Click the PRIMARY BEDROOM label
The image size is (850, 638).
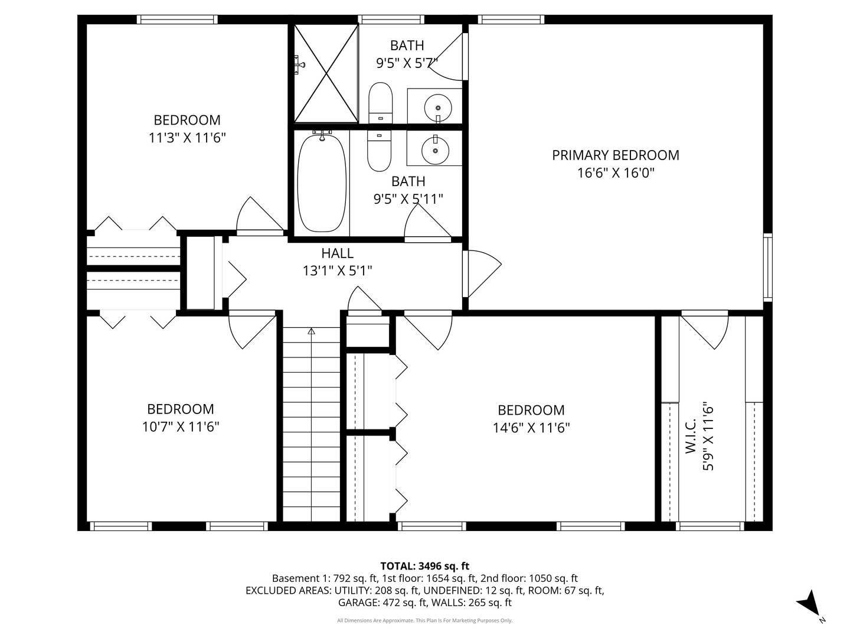pyautogui.click(x=615, y=155)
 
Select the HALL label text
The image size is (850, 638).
pyautogui.click(x=337, y=253)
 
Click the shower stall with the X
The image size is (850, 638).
pyautogui.click(x=326, y=73)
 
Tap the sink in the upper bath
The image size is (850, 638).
pyautogui.click(x=437, y=108)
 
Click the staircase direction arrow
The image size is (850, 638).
pyautogui.click(x=311, y=331)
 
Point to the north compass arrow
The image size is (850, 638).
pyautogui.click(x=808, y=603)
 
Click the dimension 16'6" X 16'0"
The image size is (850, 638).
pyautogui.click(x=616, y=173)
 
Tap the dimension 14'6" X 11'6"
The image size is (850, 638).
pyautogui.click(x=531, y=428)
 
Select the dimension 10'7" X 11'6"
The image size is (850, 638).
pyautogui.click(x=181, y=427)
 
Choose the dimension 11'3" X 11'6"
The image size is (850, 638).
pyautogui.click(x=187, y=138)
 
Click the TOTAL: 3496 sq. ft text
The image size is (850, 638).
pyautogui.click(x=424, y=566)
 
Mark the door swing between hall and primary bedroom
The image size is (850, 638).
pyautogui.click(x=480, y=273)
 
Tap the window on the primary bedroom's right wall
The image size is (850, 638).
pyautogui.click(x=767, y=267)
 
